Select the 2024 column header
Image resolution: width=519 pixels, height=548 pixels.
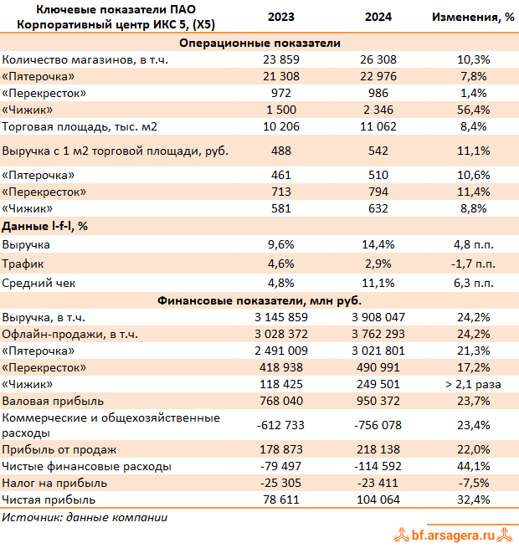pyautogui.click(x=379, y=17)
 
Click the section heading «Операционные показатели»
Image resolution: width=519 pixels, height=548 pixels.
pyautogui.click(x=259, y=43)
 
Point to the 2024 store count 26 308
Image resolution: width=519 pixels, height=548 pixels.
pyautogui.click(x=379, y=59)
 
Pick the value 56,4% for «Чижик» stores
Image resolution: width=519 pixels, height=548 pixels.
pyautogui.click(x=473, y=110)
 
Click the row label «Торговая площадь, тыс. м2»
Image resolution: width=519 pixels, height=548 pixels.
pyautogui.click(x=80, y=126)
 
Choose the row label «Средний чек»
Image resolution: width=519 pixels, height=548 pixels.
pyautogui.click(x=38, y=283)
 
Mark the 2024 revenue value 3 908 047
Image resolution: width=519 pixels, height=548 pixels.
pyautogui.click(x=379, y=318)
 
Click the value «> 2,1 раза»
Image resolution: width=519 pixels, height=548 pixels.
pyautogui.click(x=473, y=385)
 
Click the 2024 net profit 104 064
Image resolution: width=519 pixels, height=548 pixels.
pyautogui.click(x=379, y=499)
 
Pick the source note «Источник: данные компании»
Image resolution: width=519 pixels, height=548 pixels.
pyautogui.click(x=85, y=517)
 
